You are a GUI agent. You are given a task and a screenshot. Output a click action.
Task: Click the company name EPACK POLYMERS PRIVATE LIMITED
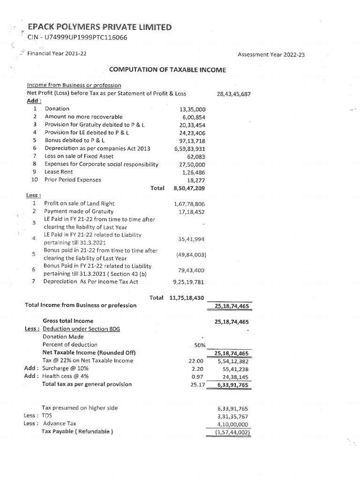coord(100,28)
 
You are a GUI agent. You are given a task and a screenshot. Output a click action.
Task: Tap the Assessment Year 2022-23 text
coord(271,55)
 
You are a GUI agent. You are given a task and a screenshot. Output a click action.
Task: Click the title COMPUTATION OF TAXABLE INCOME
coord(167,70)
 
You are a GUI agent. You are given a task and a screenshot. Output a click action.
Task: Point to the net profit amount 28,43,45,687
coord(234,94)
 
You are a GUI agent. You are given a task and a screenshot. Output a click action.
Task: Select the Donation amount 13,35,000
coord(193,109)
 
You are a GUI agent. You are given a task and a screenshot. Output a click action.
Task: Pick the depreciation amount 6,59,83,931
coord(189,149)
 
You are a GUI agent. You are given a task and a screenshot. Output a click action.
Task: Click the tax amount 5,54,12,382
coord(234,361)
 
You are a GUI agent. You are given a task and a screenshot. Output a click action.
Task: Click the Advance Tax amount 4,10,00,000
coord(234,423)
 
